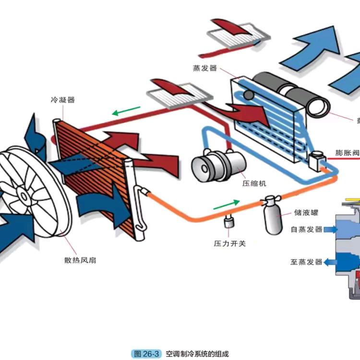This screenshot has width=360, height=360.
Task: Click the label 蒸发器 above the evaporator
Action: click(x=205, y=68)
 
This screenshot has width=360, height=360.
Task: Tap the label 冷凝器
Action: click(x=63, y=100)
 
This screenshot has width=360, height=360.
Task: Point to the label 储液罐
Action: click(x=307, y=212)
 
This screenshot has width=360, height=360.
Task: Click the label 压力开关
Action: click(x=229, y=243)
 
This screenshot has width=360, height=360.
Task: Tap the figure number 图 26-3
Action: click(x=145, y=354)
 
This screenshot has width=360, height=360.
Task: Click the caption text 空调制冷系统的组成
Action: click(x=197, y=354)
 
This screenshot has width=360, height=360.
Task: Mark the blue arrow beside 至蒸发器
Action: click(x=330, y=262)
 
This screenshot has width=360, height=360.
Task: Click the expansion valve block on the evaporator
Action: click(x=317, y=160)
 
